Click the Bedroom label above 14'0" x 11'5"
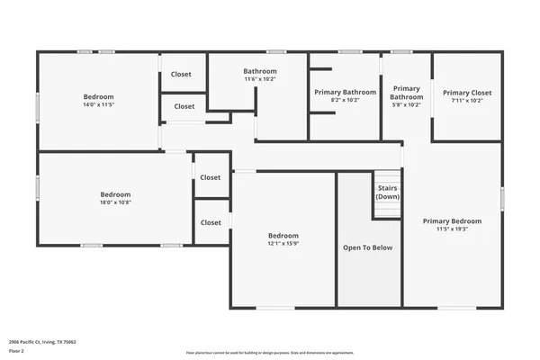tap(98, 96)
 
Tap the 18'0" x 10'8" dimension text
tap(115, 202)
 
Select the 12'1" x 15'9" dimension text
tap(283, 243)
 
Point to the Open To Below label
tap(368, 247)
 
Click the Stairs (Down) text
tap(388, 193)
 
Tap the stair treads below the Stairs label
tap(388, 209)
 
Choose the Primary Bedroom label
tap(452, 220)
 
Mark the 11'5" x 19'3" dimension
tap(452, 229)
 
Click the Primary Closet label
tap(467, 92)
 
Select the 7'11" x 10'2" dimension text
tap(467, 100)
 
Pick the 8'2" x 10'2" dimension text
tap(345, 100)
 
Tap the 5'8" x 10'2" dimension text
tap(406, 104)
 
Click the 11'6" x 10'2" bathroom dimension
tap(260, 79)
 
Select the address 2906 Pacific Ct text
tap(42, 342)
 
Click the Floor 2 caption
tap(17, 351)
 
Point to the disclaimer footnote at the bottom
tap(269, 352)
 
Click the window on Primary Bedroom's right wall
tap(502, 199)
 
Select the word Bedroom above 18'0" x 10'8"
tap(115, 194)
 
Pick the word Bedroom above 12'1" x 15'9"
tap(283, 235)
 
